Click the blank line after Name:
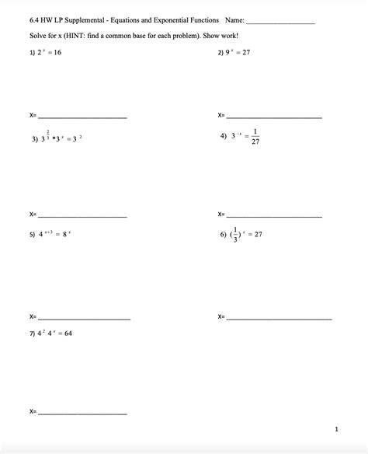pos(279,23)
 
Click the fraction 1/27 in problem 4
pos(255,136)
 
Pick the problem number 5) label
pos(33,234)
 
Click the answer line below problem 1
pos(82,117)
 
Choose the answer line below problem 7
pos(82,413)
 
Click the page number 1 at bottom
pos(337,428)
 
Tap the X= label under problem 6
pos(221,316)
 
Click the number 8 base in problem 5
pos(67,234)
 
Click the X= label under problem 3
pos(33,214)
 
